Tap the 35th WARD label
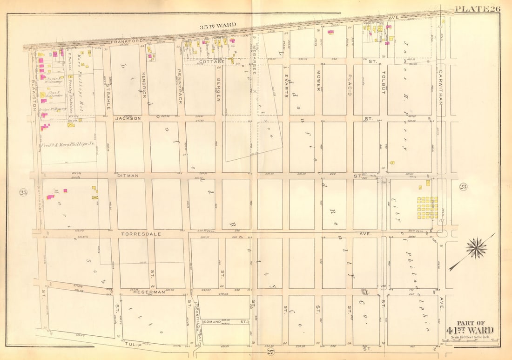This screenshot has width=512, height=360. (x=218, y=25)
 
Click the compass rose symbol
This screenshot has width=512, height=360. (x=476, y=249)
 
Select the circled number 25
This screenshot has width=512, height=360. (x=23, y=192)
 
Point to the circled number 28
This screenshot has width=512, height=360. (x=463, y=187)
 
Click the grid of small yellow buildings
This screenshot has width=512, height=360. (x=427, y=208)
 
